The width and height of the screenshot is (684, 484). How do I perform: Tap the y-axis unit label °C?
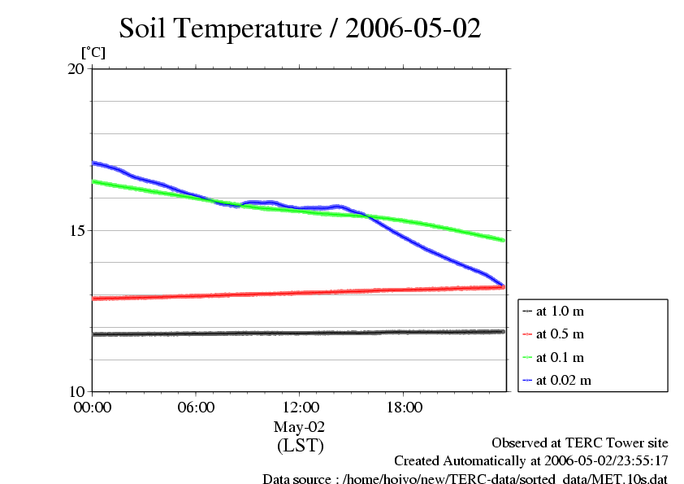[93, 52]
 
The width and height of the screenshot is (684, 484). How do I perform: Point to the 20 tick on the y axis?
[75, 68]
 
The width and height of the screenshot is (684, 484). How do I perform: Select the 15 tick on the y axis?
[75, 230]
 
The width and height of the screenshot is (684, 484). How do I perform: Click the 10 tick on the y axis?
[75, 392]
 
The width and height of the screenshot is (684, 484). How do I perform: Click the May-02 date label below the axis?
[300, 426]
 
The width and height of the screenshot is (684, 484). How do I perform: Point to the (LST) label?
[300, 446]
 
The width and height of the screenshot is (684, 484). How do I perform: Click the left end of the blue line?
[93, 163]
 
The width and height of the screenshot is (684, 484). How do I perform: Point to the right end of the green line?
[504, 240]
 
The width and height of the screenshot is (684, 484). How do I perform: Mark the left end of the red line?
[93, 299]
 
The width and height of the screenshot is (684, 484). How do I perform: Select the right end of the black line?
[504, 332]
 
